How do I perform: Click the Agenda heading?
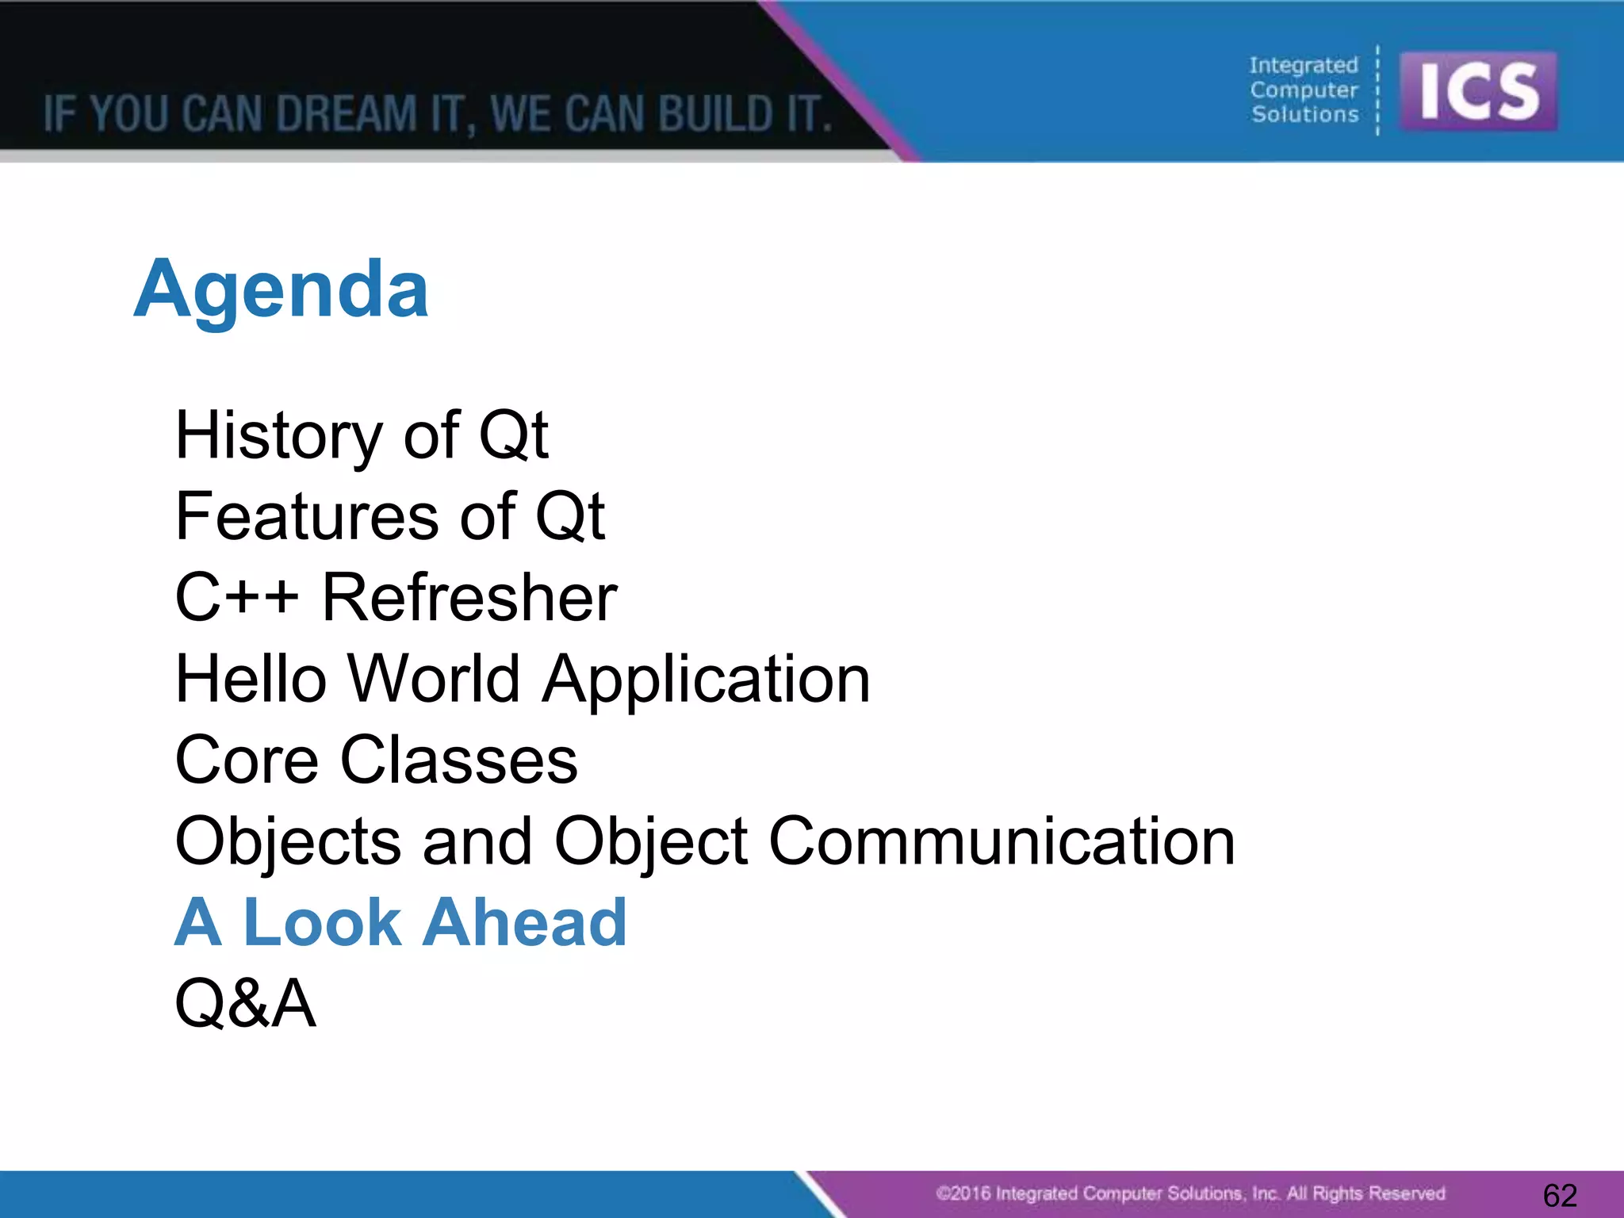[282, 290]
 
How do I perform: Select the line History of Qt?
[362, 435]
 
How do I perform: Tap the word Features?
[306, 516]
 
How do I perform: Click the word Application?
[706, 680]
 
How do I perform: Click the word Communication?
[1002, 841]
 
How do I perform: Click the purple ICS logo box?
[1478, 91]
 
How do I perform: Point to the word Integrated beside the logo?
[1304, 65]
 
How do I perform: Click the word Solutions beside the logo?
[1304, 114]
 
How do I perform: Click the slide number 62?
[1560, 1195]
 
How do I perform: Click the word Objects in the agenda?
[288, 841]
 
